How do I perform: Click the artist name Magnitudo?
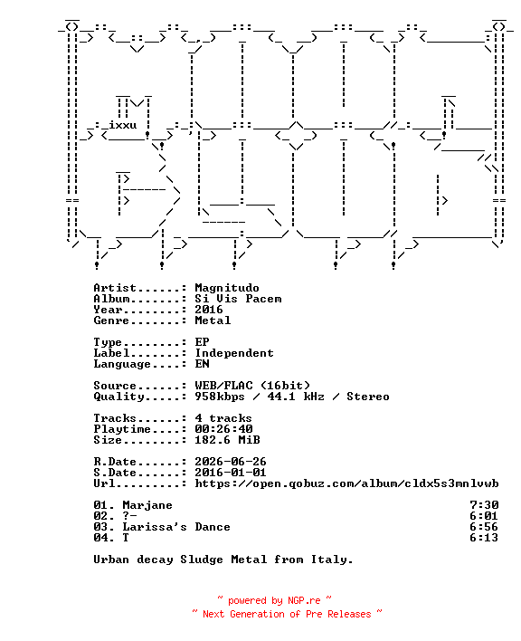pyautogui.click(x=227, y=288)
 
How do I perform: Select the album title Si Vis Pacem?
pyautogui.click(x=238, y=299)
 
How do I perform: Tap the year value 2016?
pyautogui.click(x=209, y=310)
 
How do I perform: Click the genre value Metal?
pyautogui.click(x=213, y=320)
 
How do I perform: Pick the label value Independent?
pyautogui.click(x=234, y=353)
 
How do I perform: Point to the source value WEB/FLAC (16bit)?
pyautogui.click(x=252, y=386)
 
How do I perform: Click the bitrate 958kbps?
pyautogui.click(x=220, y=397)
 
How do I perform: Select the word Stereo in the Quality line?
pyautogui.click(x=368, y=397)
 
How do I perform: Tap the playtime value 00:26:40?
pyautogui.click(x=223, y=429)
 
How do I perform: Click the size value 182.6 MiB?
pyautogui.click(x=227, y=440)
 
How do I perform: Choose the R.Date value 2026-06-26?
pyautogui.click(x=231, y=462)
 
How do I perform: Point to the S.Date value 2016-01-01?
pyautogui.click(x=231, y=473)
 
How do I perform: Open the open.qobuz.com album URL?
pyautogui.click(x=346, y=483)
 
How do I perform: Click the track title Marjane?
pyautogui.click(x=147, y=506)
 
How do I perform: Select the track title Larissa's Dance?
pyautogui.click(x=176, y=527)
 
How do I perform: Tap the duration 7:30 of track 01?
pyautogui.click(x=484, y=505)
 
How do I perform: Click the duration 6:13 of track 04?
pyautogui.click(x=484, y=538)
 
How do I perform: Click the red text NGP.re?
pyautogui.click(x=304, y=600)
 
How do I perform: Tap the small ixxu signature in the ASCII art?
pyautogui.click(x=122, y=125)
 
